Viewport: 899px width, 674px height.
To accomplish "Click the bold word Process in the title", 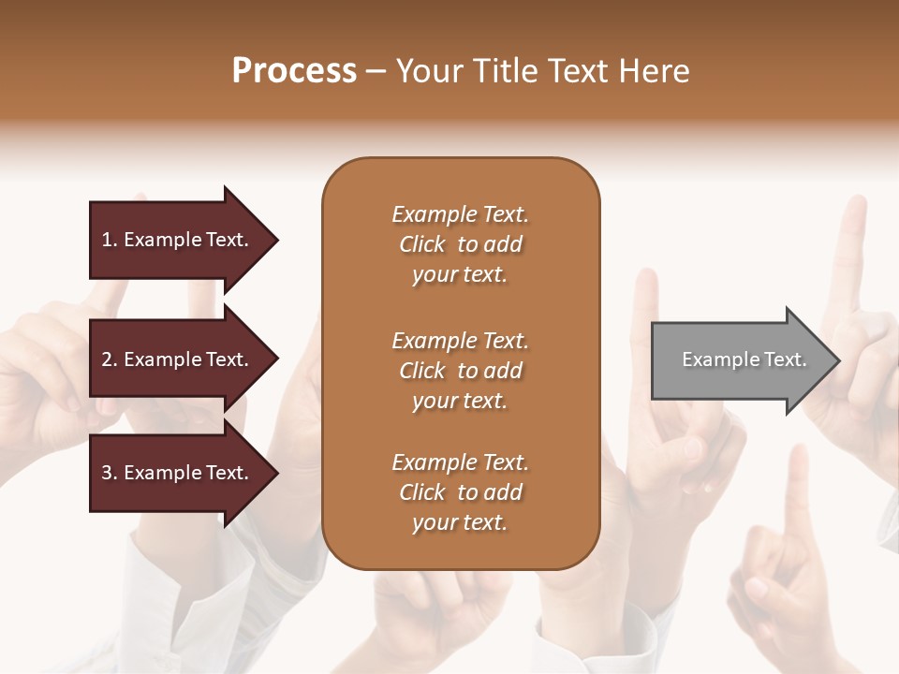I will click(x=294, y=71).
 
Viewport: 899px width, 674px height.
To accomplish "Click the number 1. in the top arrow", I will click(x=110, y=240).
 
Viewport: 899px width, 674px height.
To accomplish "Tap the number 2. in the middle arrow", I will click(x=110, y=359).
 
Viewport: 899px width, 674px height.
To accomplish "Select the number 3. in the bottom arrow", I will click(x=110, y=473).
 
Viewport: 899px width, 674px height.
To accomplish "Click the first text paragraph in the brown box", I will click(x=460, y=244).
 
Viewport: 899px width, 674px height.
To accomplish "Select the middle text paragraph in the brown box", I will click(x=460, y=371).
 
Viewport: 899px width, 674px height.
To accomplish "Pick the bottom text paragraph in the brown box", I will click(x=460, y=492).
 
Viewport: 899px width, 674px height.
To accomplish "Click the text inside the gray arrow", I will click(x=744, y=359).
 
